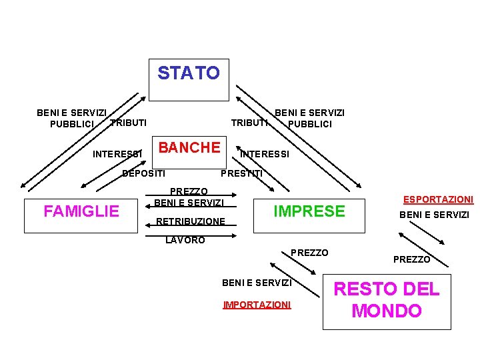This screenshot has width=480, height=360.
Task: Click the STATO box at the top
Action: (189, 79)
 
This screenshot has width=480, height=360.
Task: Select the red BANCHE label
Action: (189, 148)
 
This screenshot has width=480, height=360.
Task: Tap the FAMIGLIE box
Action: (81, 212)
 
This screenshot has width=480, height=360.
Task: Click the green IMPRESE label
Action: (309, 212)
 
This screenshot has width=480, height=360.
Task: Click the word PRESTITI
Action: (241, 174)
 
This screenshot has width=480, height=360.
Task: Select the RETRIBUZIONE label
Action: (190, 221)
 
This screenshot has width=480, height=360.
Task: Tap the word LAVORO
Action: (185, 240)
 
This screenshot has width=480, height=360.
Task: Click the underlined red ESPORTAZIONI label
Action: (438, 199)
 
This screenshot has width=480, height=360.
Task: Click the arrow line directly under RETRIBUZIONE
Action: (189, 229)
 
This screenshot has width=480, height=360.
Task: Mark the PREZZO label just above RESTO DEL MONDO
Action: (411, 259)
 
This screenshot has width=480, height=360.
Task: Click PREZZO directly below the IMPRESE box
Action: (309, 253)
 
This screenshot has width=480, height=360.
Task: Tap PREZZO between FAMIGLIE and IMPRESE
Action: (189, 191)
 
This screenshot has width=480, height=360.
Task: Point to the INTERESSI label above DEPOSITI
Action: (117, 155)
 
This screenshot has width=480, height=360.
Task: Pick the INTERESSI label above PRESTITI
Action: (265, 155)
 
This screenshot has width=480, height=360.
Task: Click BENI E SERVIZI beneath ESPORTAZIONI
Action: (434, 215)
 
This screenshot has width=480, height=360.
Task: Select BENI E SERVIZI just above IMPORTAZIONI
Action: (257, 283)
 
